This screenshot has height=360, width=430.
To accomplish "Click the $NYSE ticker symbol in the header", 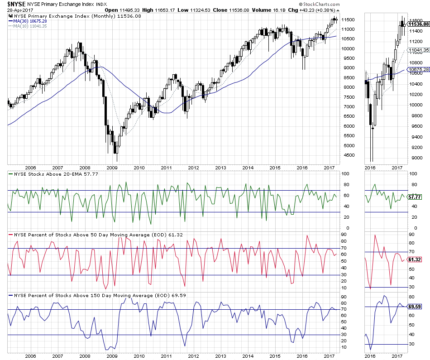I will coord(15,3).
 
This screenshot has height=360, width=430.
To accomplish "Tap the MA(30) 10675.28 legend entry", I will coord(30,21).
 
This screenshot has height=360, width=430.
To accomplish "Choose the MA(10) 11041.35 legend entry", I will coord(30,26).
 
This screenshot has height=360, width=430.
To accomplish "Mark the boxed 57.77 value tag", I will coord(415,197).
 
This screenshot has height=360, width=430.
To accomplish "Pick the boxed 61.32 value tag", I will coord(415,259).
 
